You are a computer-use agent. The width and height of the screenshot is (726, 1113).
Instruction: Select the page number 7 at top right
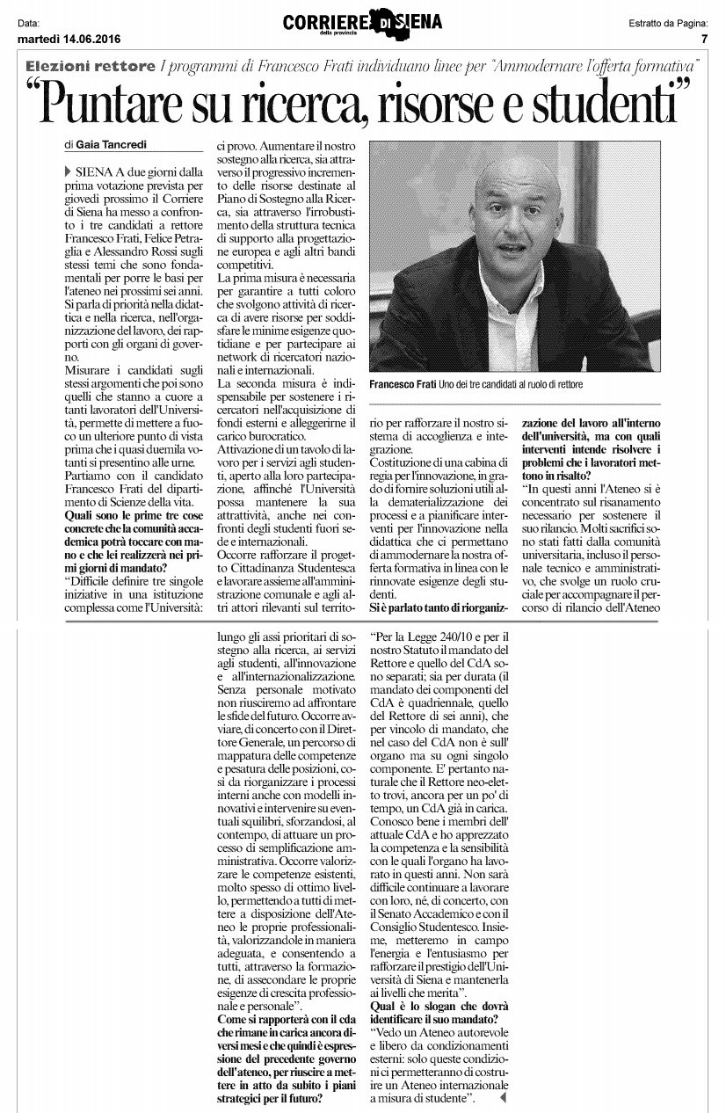[704, 39]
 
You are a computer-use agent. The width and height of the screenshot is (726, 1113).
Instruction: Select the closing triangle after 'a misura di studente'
[504, 1098]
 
